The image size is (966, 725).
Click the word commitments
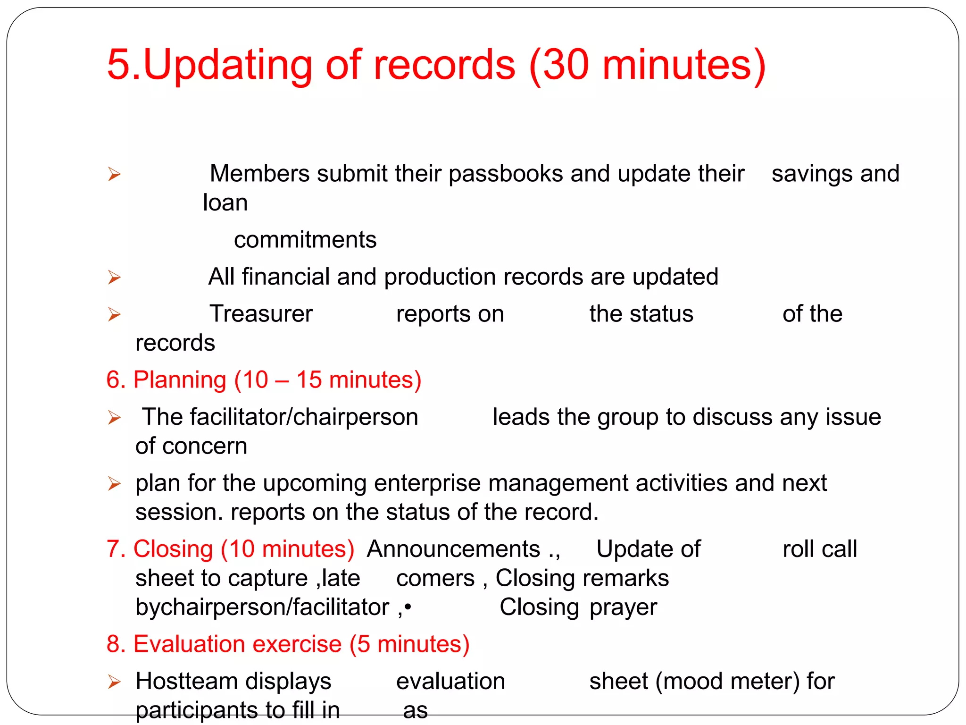(x=305, y=240)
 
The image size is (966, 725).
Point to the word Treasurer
(x=261, y=314)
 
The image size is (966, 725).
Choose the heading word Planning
(x=180, y=380)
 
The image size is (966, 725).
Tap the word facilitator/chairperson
(x=280, y=417)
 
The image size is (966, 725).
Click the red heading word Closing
(x=173, y=549)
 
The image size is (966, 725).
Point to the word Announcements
(x=453, y=549)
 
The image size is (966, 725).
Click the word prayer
(x=623, y=607)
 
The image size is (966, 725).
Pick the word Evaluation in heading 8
(x=237, y=644)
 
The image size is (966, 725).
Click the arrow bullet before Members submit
(x=114, y=174)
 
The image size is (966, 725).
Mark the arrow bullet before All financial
(x=114, y=277)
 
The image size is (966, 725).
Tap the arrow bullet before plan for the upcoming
(x=114, y=484)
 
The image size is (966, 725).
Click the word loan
(x=225, y=203)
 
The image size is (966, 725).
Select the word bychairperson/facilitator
(x=262, y=607)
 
